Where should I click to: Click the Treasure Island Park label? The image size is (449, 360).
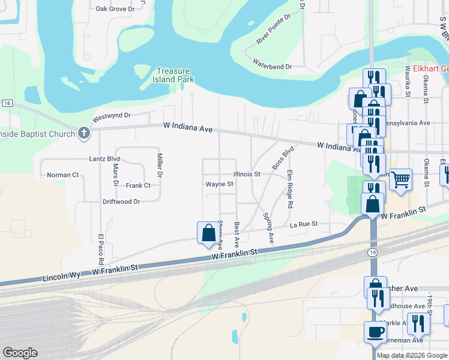176,75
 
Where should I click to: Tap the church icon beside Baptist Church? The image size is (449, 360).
85,133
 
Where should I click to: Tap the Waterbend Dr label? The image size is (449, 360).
272,64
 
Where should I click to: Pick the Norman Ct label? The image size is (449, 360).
63,175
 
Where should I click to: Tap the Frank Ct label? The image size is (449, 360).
138,185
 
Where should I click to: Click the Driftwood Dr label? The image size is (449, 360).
121,202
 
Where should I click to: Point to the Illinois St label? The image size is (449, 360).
247,174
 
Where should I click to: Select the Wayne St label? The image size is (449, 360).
219,184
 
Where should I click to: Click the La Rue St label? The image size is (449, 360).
303,224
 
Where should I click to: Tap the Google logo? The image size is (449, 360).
20,353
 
